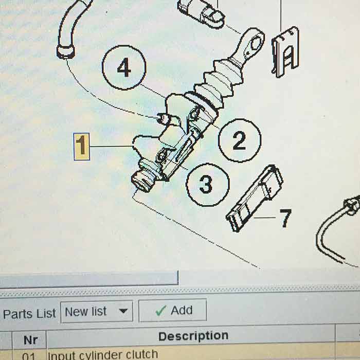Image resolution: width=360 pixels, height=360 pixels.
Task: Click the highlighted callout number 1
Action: tap(82, 147)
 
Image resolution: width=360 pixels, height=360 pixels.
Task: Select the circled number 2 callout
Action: tap(239, 140)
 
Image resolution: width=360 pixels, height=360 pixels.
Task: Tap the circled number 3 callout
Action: tap(207, 184)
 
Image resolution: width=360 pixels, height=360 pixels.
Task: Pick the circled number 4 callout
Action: tap(124, 68)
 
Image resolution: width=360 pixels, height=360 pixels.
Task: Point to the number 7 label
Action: tap(285, 218)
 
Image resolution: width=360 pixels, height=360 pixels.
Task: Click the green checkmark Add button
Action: tap(173, 311)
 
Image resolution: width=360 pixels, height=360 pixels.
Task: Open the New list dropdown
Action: tap(96, 311)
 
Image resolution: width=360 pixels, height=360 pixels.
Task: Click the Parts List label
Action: tap(29, 314)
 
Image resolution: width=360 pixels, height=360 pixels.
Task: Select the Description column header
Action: tap(193, 336)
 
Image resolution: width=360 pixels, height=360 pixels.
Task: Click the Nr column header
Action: tap(30, 340)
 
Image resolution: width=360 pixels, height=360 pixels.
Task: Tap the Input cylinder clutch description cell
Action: tap(103, 355)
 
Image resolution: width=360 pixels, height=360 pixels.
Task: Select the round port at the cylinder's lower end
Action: tap(140, 181)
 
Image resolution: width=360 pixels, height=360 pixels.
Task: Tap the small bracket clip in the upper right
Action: tap(285, 51)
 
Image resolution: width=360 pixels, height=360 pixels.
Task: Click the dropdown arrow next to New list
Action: tap(123, 311)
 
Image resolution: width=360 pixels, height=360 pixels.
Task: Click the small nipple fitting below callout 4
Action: tap(164, 119)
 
